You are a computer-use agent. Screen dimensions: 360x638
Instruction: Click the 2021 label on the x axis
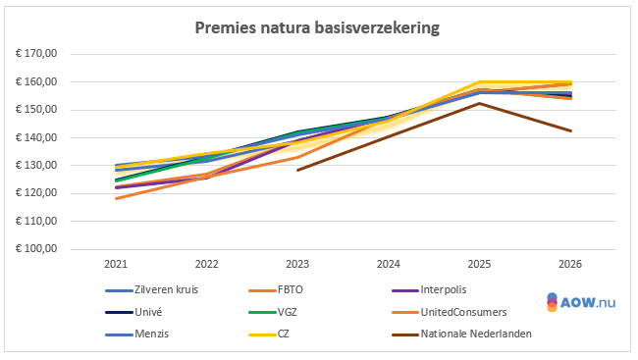pos(116,264)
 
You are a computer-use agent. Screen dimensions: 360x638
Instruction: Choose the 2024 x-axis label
pos(388,264)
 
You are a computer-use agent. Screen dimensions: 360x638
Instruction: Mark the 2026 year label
pos(569,264)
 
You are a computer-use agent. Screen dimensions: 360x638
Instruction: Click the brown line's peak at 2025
pos(479,103)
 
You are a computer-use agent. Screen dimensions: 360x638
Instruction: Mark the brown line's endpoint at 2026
pos(571,130)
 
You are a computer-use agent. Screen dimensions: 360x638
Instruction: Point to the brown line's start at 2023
pos(297,170)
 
